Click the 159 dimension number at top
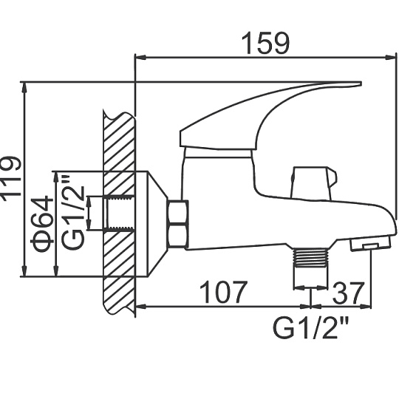tap(265, 44)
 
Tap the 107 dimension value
tap(223, 292)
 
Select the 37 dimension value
tap(347, 293)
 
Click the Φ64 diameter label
tap(42, 224)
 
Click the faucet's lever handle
tap(270, 116)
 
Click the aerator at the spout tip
tap(370, 244)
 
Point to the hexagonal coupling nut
tap(178, 224)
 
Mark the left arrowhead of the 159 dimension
tap(140, 57)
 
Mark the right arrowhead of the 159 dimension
tap(391, 57)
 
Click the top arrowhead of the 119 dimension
tap(24, 88)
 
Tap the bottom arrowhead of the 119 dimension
tap(24, 270)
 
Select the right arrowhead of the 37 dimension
tap(366, 307)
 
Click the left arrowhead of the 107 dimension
tap(141, 307)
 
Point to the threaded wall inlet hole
tap(119, 214)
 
